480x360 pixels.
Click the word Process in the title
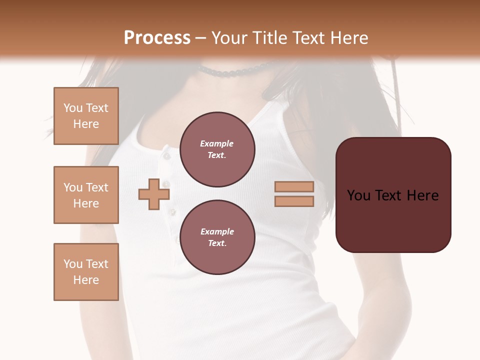click(x=157, y=38)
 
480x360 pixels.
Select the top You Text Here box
click(x=86, y=116)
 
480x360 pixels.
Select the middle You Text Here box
click(x=86, y=195)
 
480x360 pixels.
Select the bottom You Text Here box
click(x=86, y=272)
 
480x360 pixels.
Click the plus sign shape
click(x=154, y=194)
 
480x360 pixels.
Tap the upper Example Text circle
click(x=217, y=149)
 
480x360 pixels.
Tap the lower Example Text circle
click(x=217, y=237)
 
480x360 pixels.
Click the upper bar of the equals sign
click(x=294, y=186)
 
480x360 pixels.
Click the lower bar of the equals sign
click(x=294, y=201)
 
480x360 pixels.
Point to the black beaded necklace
click(x=235, y=72)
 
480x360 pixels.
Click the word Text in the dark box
click(x=392, y=195)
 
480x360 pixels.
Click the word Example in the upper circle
click(x=217, y=143)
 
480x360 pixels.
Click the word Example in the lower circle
click(x=217, y=231)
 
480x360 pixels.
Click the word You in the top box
click(x=72, y=108)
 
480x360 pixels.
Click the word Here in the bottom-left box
click(x=86, y=280)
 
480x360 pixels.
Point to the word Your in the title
click(x=227, y=38)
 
